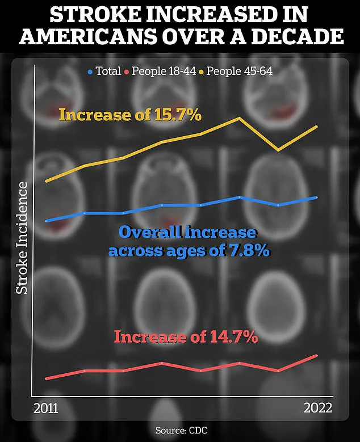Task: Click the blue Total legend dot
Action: pyautogui.click(x=90, y=72)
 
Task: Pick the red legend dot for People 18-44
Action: pyautogui.click(x=128, y=72)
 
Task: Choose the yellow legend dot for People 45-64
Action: pyautogui.click(x=201, y=72)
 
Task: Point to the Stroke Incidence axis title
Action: pyautogui.click(x=22, y=238)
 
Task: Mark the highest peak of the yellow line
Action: pyautogui.click(x=240, y=118)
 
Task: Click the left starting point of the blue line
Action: pyautogui.click(x=46, y=220)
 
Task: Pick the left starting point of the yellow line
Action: pyautogui.click(x=46, y=181)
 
